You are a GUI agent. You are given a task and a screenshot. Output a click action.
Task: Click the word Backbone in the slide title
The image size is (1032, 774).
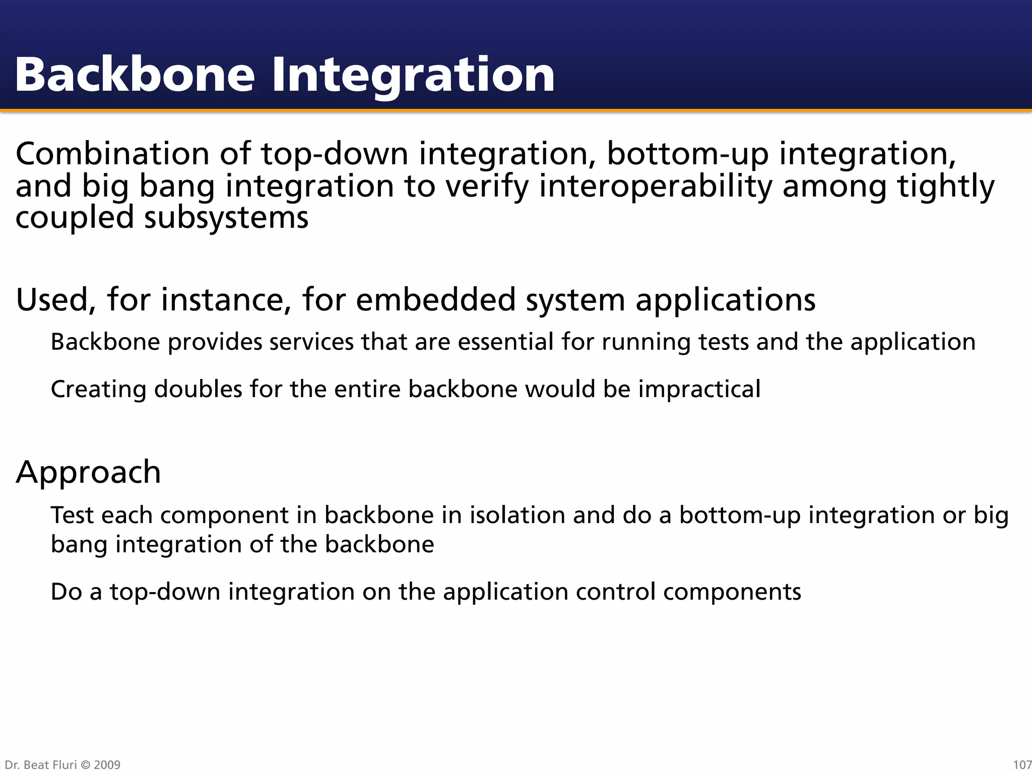coord(135,75)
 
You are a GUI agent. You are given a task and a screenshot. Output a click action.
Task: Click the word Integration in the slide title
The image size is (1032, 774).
coord(413,75)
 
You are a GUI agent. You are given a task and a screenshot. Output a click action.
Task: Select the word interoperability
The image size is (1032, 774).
coord(656,186)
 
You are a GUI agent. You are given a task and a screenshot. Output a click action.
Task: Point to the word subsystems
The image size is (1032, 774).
coord(226,218)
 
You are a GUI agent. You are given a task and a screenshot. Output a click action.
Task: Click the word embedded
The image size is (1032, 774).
coord(436,299)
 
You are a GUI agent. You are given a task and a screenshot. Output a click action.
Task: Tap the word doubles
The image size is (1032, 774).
coord(198,390)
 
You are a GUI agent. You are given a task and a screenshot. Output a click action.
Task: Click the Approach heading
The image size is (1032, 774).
coord(88,472)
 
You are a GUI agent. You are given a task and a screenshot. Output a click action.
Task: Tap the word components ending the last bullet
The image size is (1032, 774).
coord(732,592)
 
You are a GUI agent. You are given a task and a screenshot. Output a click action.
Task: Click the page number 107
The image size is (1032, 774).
coord(1022,765)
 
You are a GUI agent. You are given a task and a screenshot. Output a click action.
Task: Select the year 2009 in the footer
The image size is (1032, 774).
coord(107,765)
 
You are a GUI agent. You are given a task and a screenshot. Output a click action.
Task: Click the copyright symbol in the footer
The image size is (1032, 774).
coord(85,765)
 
